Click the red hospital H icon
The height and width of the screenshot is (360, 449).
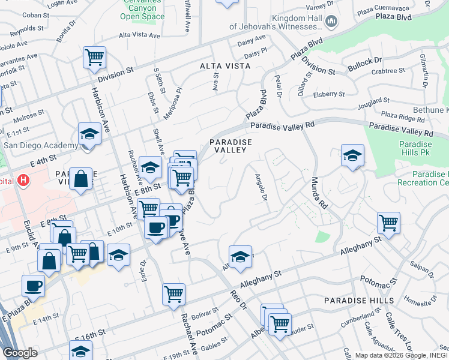(23, 180)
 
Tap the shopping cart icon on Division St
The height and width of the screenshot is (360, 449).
(95, 58)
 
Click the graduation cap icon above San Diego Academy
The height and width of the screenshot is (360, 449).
(89, 133)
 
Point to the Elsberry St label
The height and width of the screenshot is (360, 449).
(329, 94)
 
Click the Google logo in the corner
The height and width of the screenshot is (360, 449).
(20, 353)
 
